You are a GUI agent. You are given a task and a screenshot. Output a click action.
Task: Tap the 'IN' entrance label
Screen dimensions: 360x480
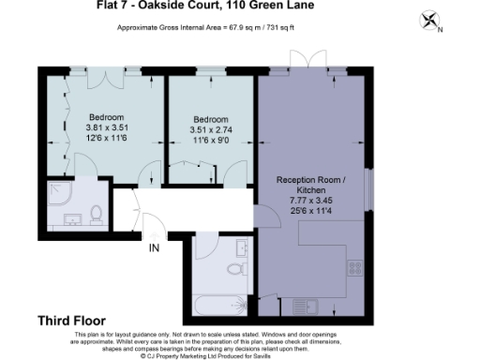[154, 247]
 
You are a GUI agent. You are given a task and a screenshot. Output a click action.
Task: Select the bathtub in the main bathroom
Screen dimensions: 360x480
[217, 306]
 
